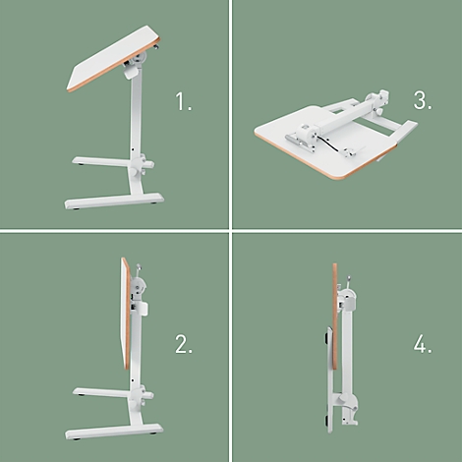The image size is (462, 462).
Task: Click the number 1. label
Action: click(184, 101)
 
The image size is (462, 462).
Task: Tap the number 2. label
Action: click(184, 344)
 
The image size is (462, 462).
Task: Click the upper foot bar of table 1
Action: click(103, 160)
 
